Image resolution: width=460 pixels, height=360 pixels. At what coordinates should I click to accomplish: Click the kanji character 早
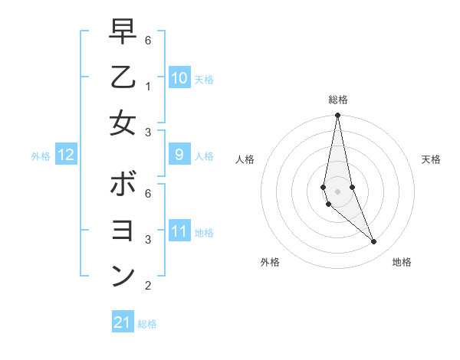coord(123,33)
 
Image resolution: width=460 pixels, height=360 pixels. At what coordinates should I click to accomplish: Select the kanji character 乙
coord(123,77)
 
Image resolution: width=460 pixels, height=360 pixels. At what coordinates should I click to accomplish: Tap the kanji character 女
coord(123,122)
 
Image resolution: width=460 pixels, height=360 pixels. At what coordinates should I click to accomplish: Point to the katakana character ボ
coord(123,185)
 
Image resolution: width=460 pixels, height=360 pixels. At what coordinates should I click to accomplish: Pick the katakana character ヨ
coord(123,230)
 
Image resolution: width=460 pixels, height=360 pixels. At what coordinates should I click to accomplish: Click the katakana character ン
coord(123,275)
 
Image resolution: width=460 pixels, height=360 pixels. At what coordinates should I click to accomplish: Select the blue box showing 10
coord(179,77)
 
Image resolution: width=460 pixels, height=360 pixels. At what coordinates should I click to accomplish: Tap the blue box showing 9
coord(179,155)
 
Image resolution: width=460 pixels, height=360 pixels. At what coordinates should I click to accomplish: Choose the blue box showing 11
coord(179,231)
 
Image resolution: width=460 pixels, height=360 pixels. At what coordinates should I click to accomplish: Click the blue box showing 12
coord(65,155)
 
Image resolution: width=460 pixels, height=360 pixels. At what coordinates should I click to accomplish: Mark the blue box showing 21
coord(123,322)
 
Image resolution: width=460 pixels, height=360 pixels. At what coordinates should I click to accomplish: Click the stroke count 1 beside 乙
coord(148,86)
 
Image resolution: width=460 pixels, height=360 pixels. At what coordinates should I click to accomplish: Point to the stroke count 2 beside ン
coord(148,286)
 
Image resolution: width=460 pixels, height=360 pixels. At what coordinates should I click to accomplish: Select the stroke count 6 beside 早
coord(148,40)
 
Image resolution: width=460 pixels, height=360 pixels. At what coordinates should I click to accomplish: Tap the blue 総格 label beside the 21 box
coord(147,324)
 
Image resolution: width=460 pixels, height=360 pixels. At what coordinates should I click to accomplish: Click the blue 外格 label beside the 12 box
coord(41,156)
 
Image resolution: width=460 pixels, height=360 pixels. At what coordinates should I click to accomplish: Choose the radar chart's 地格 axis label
coord(402,262)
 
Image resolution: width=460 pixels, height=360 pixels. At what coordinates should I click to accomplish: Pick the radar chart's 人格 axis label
coord(245,159)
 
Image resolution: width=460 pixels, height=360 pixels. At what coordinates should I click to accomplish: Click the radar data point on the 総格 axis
coord(337,116)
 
